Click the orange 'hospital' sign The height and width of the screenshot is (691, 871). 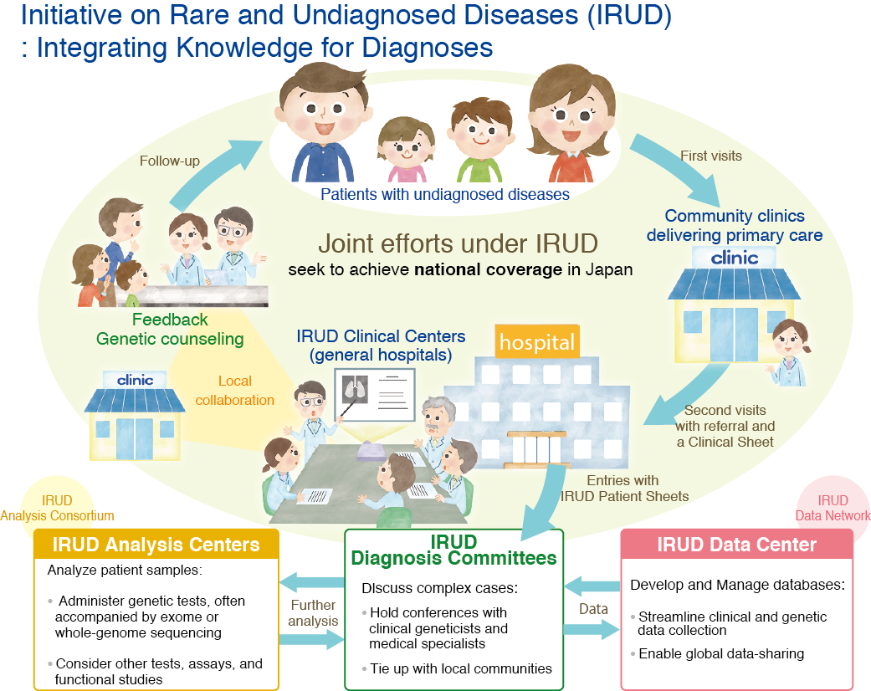tap(536, 341)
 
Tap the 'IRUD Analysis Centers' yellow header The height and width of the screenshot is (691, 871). tap(156, 545)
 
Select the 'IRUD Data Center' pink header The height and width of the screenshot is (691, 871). tap(736, 545)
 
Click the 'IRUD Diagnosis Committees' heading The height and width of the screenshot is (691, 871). tap(453, 550)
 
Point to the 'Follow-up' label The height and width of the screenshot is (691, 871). tap(170, 161)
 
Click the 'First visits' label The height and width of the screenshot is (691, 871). tap(711, 156)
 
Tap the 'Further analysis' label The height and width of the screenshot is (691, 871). tap(314, 612)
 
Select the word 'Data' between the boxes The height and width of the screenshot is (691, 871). tap(593, 608)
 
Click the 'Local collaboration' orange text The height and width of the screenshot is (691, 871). tap(234, 391)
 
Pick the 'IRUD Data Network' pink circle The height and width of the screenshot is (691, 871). tap(833, 507)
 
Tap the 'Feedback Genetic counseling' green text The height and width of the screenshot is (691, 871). tap(170, 330)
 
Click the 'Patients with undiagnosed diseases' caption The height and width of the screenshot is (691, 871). tap(444, 195)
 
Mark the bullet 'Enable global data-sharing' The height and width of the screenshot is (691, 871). tap(721, 653)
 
